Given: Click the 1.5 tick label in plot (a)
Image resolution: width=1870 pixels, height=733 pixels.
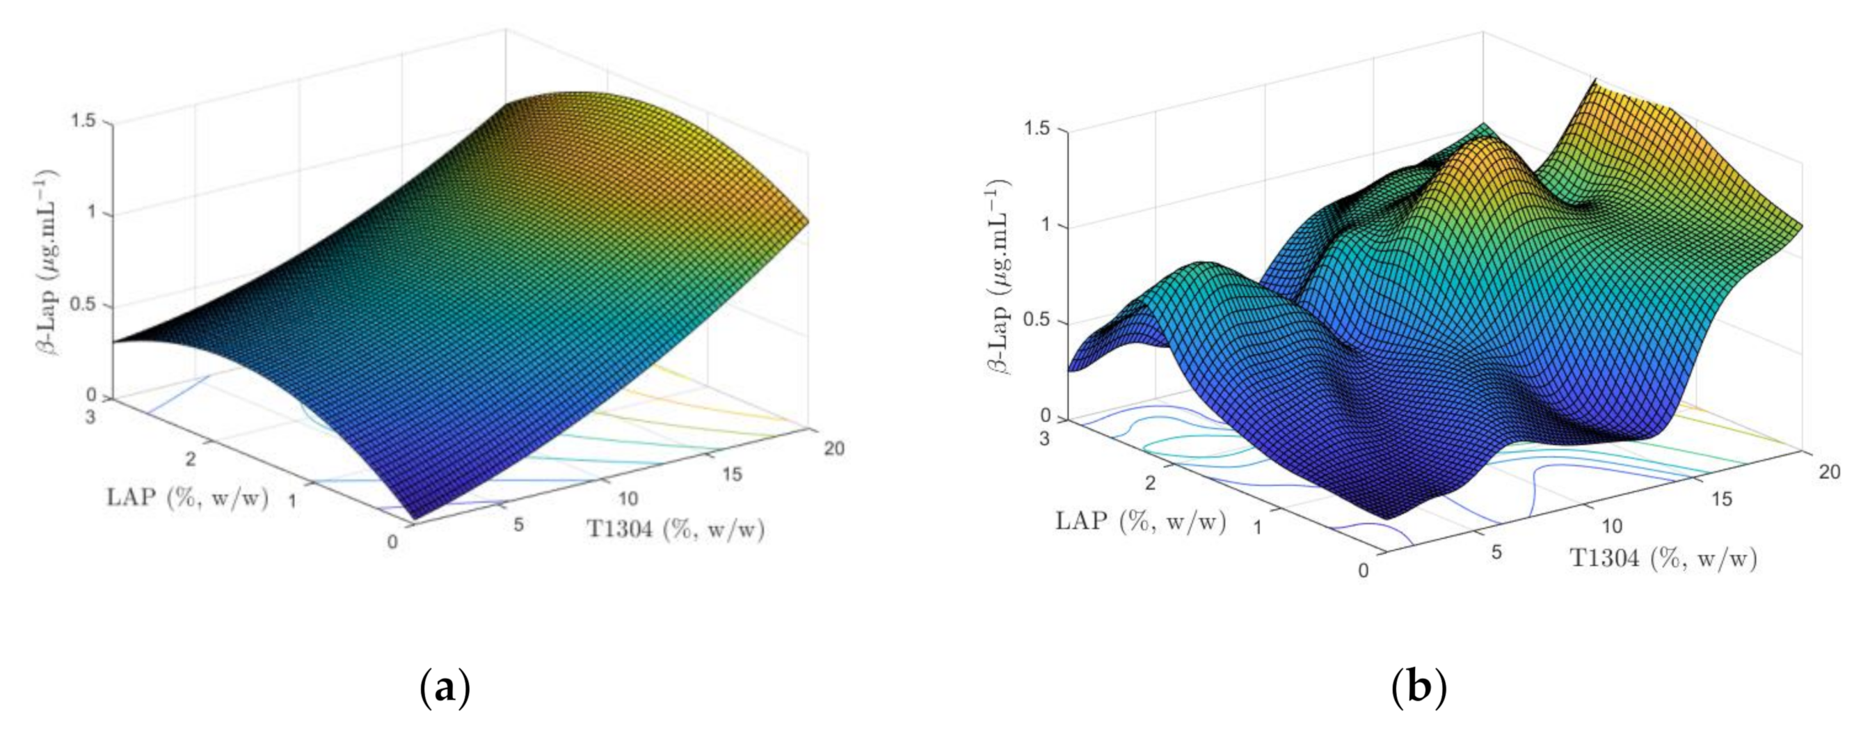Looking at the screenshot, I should (x=83, y=121).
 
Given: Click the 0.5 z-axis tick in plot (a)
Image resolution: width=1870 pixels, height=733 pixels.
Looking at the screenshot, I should (x=83, y=304).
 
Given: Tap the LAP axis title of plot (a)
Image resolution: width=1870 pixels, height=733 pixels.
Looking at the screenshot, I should (x=187, y=498).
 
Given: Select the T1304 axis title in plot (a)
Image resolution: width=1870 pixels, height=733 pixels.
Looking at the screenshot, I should (x=675, y=529).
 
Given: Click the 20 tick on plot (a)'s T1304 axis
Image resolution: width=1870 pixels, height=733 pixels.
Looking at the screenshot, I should (x=834, y=448).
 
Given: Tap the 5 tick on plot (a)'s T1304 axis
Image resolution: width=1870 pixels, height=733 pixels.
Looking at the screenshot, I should (x=518, y=524).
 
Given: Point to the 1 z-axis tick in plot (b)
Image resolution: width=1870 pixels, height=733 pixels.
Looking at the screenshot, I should (x=1046, y=226).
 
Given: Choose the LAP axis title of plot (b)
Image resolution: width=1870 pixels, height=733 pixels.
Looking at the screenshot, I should (x=1140, y=521).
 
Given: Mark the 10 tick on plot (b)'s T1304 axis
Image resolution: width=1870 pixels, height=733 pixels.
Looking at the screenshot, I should (x=1613, y=526).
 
